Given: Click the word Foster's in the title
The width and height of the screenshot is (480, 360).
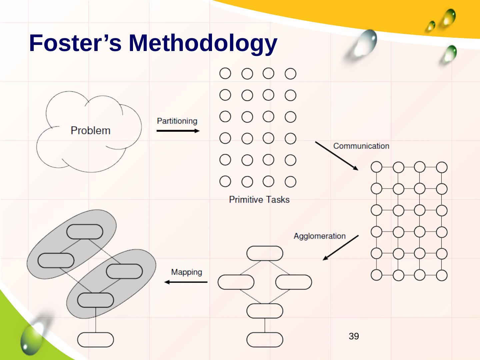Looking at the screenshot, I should [x=75, y=43].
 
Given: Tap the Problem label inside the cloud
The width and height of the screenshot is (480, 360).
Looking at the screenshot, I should [x=90, y=130].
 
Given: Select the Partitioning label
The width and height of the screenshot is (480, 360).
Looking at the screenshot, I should [x=177, y=121].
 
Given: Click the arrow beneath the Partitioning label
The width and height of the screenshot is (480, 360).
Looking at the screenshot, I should [x=178, y=131].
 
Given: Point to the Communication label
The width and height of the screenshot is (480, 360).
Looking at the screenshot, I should [x=361, y=146].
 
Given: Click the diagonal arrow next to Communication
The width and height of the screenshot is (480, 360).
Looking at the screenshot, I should [x=337, y=156].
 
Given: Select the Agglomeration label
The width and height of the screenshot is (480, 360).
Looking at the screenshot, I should [x=319, y=236].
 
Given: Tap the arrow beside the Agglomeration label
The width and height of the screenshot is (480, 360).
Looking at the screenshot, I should [x=340, y=248].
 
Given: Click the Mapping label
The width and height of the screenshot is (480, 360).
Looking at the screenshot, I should [x=186, y=272].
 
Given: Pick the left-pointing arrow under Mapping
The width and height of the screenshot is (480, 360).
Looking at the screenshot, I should [x=186, y=282].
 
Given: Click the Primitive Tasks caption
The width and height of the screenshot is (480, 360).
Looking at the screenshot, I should [x=259, y=200].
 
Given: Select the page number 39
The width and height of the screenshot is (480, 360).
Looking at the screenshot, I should [x=354, y=336].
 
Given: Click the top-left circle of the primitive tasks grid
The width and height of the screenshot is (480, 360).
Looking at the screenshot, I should [x=225, y=73].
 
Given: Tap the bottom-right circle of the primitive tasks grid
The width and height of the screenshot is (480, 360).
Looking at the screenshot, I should [x=290, y=182].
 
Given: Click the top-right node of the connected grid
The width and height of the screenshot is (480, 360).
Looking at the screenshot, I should [x=442, y=167].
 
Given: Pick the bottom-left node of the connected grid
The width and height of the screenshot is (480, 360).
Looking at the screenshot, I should [x=376, y=275].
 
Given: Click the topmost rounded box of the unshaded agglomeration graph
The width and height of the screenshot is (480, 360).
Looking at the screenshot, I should [x=265, y=253].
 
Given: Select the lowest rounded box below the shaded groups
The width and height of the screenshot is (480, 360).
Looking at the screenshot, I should [x=95, y=340].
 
